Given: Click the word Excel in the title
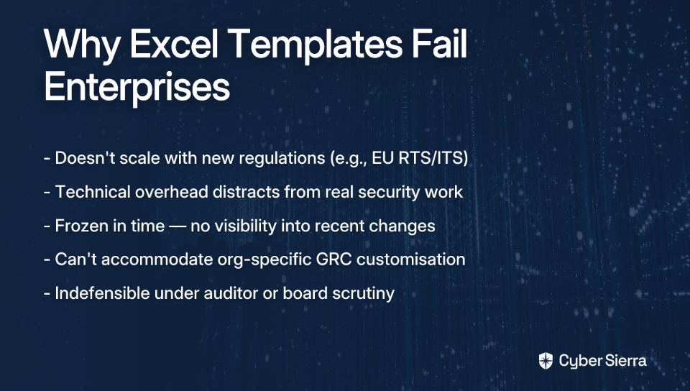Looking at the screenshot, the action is tap(174, 44).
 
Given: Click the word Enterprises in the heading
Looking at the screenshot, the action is tap(137, 86).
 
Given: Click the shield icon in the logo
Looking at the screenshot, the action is tap(546, 361).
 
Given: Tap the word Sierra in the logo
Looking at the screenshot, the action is tap(625, 361).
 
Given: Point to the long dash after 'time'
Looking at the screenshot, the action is tap(178, 226).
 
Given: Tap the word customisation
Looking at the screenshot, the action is tap(411, 259).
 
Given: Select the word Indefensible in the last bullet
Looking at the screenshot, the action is tap(102, 293).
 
